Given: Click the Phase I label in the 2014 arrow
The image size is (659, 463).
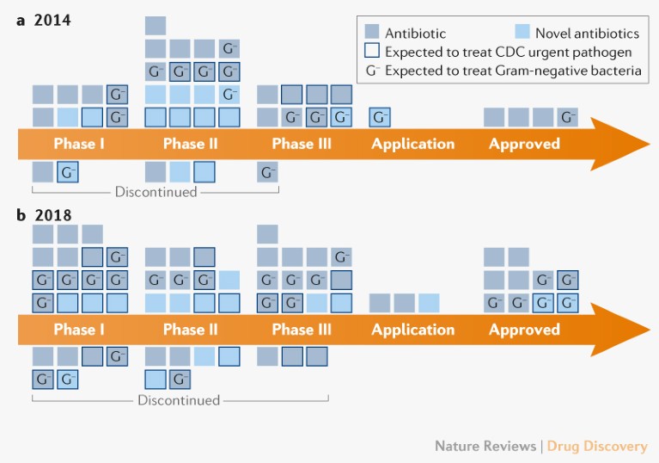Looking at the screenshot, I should [79, 144].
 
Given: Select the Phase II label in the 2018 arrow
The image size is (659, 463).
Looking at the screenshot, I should [189, 330].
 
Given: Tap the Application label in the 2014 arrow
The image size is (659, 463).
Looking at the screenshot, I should [412, 144].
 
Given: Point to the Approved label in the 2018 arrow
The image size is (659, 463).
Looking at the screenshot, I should [524, 330].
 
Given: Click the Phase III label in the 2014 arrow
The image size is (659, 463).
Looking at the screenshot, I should [302, 144].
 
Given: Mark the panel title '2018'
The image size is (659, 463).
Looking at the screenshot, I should [52, 214].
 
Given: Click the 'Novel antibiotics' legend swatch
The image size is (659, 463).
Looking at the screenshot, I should [521, 33].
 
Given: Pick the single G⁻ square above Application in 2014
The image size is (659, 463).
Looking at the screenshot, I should [380, 117].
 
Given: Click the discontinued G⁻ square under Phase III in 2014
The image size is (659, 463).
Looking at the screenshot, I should [267, 173].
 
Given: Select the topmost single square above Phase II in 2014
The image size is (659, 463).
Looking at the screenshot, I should [156, 26].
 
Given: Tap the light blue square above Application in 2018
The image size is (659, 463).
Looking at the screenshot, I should [429, 303].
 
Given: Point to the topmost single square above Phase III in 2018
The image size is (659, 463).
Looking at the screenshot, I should [267, 234].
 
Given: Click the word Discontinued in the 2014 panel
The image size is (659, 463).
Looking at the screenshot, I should [156, 192].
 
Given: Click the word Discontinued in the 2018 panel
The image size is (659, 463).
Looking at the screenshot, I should [179, 400].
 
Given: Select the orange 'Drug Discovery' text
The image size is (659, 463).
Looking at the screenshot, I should [597, 446].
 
